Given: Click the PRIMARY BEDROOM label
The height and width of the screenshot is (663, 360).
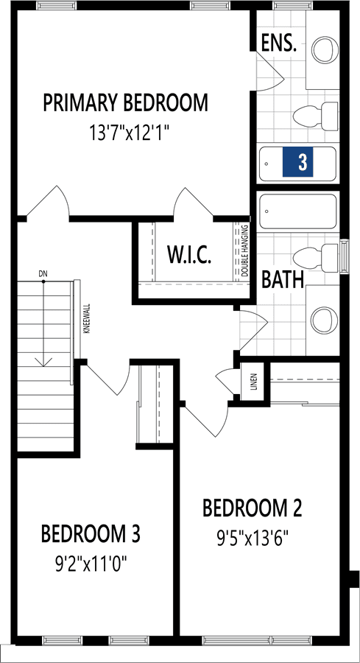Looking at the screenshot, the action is point(125,102).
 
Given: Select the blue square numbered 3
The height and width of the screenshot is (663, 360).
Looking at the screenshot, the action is point(298,162).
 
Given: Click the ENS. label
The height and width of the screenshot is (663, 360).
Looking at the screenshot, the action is point(278,43).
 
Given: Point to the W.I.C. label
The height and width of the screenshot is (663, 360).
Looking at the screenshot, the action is point(189,255).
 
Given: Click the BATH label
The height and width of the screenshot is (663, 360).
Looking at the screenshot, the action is point(283,279).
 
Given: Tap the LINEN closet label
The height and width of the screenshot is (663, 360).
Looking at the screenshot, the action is point(253,382).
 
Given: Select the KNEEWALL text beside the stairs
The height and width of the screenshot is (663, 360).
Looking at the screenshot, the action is point(86,319).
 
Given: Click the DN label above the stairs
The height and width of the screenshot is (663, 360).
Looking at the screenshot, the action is point(43,273).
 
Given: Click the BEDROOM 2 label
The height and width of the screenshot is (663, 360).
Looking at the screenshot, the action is point(253,508).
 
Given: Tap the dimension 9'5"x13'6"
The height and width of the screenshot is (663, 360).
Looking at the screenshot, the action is point(253,539).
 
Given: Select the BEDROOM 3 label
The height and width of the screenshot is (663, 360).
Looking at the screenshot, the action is point(91,533).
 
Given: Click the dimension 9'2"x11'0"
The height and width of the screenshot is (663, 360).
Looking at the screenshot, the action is point(91,564).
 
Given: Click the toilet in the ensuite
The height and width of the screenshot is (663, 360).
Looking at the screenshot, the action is point(316,116).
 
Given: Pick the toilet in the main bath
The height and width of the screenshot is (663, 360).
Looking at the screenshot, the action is point(316,258).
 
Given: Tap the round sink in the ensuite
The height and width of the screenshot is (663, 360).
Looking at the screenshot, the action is point(325,49).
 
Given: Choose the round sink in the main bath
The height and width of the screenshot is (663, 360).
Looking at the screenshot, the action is point(325,320).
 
